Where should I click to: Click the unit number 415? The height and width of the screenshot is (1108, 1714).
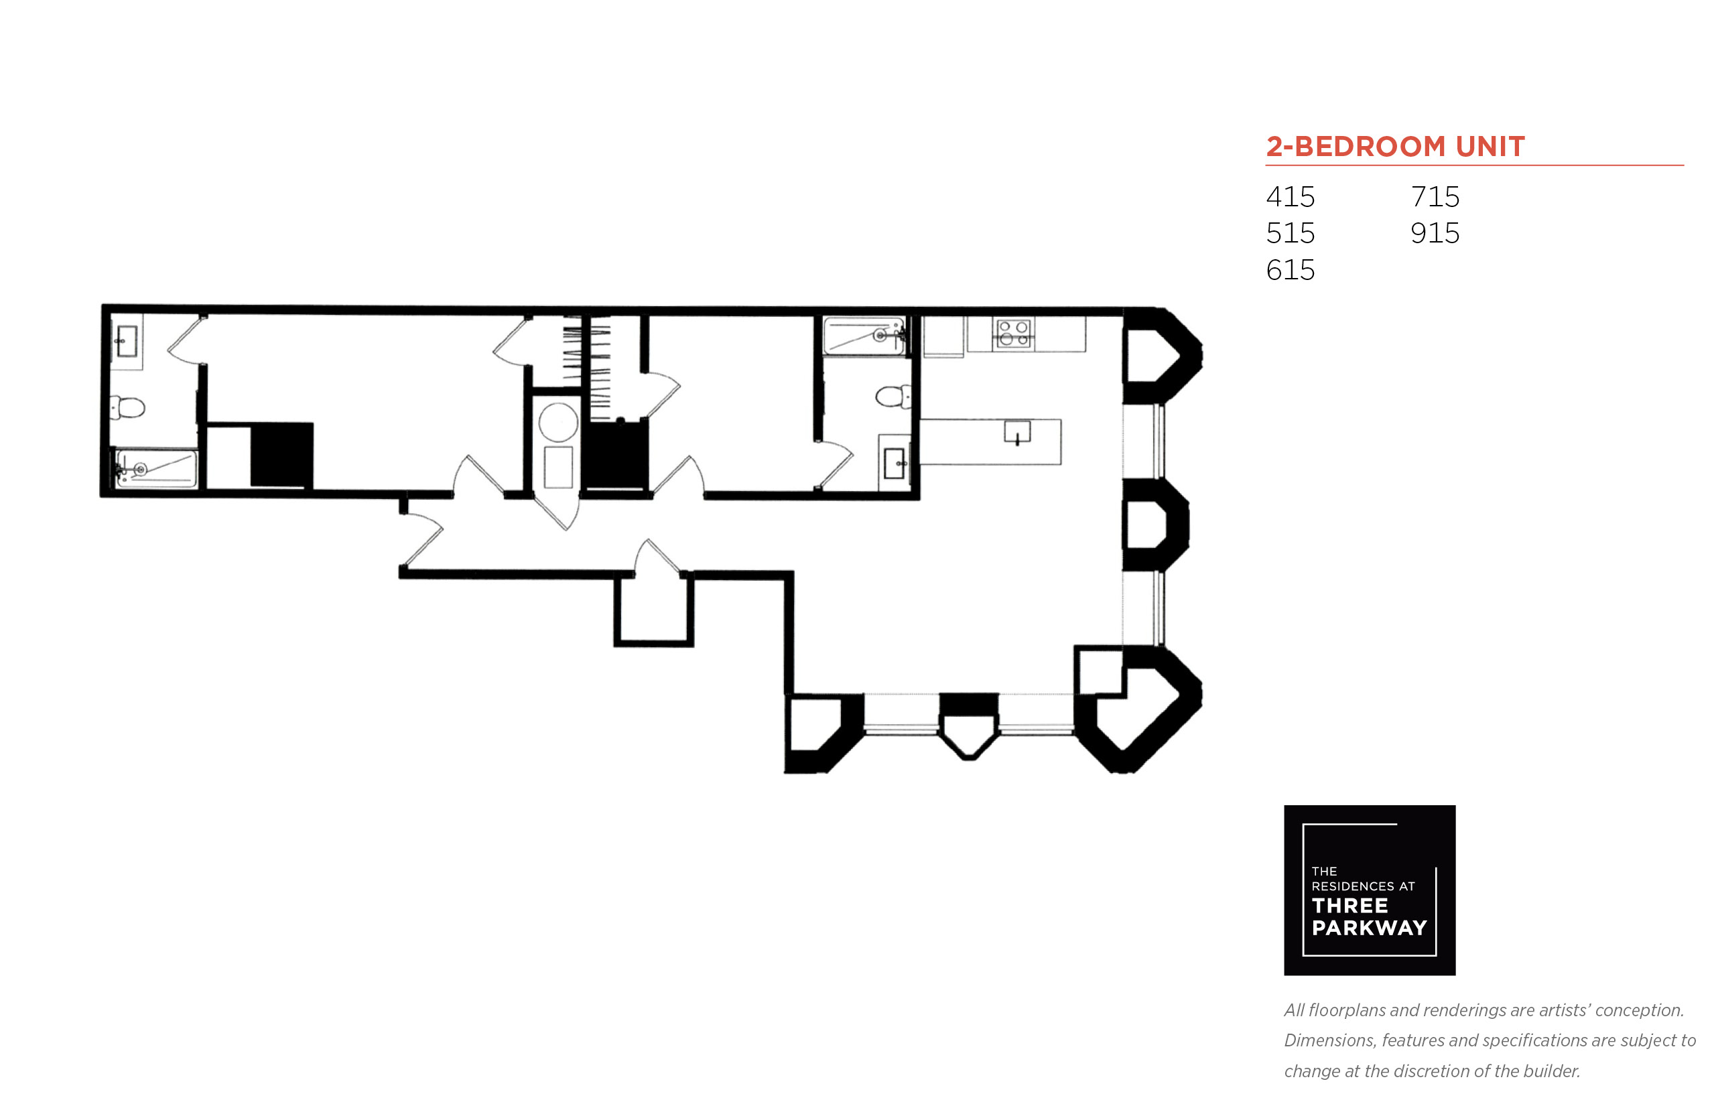coord(1290,196)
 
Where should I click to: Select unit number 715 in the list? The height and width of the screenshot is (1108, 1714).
coord(1435,196)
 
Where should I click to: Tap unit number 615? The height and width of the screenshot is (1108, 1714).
coord(1290,270)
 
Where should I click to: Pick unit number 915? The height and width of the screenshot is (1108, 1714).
coord(1435,233)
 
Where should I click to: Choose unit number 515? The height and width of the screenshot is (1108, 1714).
coord(1290,233)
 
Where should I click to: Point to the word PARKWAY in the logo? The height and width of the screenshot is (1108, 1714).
coord(1369,928)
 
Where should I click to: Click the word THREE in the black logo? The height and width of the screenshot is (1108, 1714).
coord(1350,905)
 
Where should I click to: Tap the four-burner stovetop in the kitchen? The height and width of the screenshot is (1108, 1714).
coord(1013,334)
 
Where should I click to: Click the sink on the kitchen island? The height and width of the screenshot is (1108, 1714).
coord(1016,432)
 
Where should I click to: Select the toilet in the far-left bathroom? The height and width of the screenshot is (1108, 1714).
coord(127,408)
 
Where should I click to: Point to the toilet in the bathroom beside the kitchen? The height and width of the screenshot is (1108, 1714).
coord(893,397)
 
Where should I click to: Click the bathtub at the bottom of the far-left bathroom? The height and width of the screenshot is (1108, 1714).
coord(155,469)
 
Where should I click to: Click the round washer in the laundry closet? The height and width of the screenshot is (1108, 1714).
coord(557,421)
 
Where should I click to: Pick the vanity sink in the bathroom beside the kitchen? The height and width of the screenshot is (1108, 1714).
coord(895,464)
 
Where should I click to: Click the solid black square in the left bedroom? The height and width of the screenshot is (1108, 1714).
coord(281,455)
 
